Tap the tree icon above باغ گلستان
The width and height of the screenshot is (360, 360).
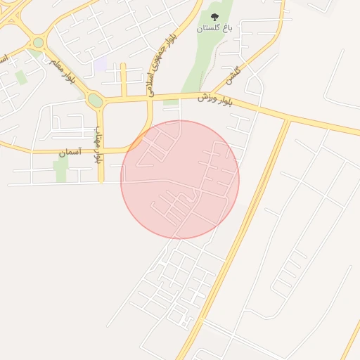214,16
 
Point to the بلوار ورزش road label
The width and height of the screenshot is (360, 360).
213,96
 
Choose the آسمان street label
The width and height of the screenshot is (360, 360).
70,151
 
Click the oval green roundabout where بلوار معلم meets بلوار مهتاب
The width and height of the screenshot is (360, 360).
95,101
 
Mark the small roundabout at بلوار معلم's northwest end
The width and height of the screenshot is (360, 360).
38,43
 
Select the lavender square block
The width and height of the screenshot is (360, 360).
101,63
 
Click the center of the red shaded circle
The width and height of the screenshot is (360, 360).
180,180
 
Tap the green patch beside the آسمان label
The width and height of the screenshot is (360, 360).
61,167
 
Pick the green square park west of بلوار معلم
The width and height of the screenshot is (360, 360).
22,77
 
